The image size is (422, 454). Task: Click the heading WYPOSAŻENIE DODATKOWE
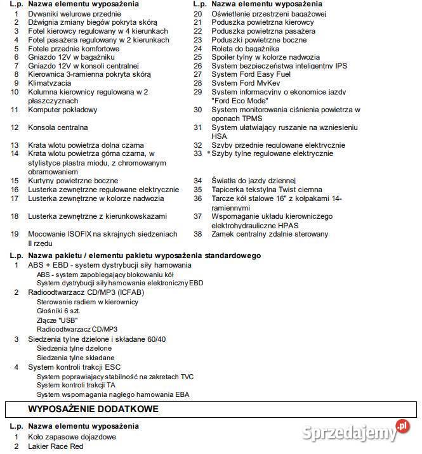[93, 409]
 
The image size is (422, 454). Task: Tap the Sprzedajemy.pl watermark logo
[356, 433]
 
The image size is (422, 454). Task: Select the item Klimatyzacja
[49, 83]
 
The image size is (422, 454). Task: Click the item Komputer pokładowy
[63, 110]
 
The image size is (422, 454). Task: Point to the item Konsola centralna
[58, 127]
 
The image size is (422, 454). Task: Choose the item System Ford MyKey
[246, 83]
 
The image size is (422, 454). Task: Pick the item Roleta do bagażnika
[245, 48]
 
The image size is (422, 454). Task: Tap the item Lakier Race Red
[55, 446]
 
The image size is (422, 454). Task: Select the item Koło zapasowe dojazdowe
[72, 438]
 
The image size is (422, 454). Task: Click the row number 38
[198, 234]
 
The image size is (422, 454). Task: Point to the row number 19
[15, 234]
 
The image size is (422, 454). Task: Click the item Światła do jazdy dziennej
[254, 181]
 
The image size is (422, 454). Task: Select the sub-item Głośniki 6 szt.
[59, 311]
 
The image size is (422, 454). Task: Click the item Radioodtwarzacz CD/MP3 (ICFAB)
[86, 293]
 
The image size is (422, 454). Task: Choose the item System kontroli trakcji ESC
[74, 367]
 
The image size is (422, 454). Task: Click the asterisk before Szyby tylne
[208, 154]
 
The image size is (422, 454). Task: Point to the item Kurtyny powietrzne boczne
[73, 181]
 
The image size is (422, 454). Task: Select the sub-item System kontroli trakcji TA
[76, 385]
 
